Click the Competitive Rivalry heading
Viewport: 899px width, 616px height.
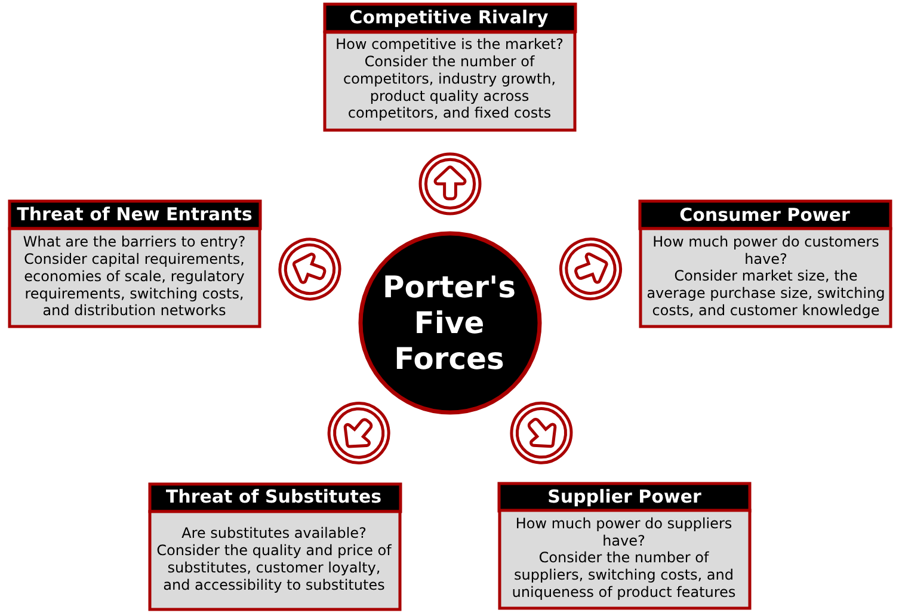click(449, 18)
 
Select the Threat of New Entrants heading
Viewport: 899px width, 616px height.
click(134, 214)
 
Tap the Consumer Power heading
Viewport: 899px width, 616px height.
click(764, 215)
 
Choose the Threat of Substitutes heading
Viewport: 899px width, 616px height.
click(273, 497)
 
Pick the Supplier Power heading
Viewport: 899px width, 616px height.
click(624, 497)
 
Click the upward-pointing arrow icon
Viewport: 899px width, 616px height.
click(449, 184)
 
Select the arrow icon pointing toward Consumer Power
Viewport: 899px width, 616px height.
click(590, 269)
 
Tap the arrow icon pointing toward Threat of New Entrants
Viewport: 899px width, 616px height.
click(309, 269)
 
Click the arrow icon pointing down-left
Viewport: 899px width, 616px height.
click(358, 433)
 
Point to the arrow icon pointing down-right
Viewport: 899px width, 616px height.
click(541, 433)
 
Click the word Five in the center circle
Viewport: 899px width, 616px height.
click(449, 323)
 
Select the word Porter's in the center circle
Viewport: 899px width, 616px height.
click(449, 288)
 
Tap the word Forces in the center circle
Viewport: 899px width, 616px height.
click(449, 359)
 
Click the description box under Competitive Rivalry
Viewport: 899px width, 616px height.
click(449, 81)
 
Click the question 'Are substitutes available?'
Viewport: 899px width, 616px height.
click(273, 533)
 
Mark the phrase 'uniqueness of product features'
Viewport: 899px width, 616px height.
click(623, 592)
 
